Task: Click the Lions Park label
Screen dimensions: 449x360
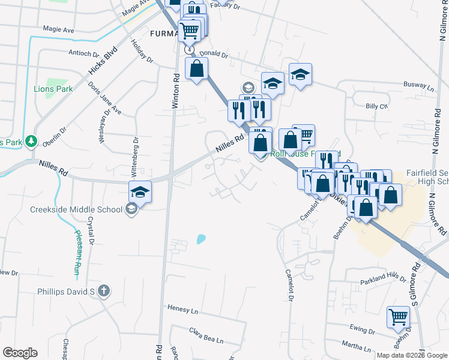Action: pos(53,89)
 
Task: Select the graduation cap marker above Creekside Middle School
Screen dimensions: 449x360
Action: pos(140,191)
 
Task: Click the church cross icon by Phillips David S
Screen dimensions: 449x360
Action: pos(104,292)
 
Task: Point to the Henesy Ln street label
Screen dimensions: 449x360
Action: pos(182,311)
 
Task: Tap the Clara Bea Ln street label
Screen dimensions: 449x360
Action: pos(206,335)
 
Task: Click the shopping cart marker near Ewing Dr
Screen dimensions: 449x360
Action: pos(398,317)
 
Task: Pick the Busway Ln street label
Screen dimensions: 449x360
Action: pos(418,85)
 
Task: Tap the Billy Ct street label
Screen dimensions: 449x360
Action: pos(377,106)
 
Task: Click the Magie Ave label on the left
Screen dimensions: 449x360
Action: pos(58,28)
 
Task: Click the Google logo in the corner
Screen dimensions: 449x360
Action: pos(20,353)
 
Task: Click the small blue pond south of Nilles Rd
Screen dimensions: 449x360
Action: pos(200,239)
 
